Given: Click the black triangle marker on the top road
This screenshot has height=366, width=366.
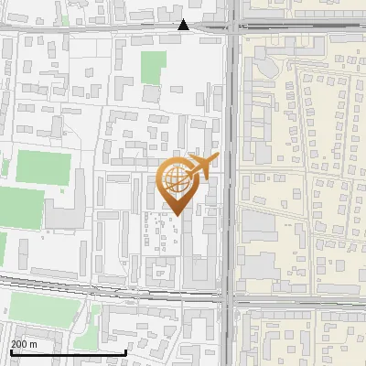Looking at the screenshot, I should [x=184, y=26].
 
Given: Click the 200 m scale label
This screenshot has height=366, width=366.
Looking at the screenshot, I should [x=24, y=344].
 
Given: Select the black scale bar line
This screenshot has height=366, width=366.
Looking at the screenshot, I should [x=68, y=352].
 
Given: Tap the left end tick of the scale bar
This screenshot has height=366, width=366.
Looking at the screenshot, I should [x=11, y=350].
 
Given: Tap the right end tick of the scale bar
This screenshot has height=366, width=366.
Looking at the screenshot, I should [x=125, y=350].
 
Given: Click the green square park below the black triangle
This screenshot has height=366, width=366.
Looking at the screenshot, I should [x=154, y=66].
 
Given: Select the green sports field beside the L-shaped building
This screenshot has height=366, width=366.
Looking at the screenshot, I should [x=43, y=167].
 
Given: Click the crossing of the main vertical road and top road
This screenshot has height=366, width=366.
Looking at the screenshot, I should [x=231, y=28].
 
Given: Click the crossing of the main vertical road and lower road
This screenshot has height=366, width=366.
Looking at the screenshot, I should [x=229, y=298].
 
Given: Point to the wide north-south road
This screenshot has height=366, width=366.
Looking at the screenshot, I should [x=230, y=137].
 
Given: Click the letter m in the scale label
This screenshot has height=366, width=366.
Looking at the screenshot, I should [x=34, y=345].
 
